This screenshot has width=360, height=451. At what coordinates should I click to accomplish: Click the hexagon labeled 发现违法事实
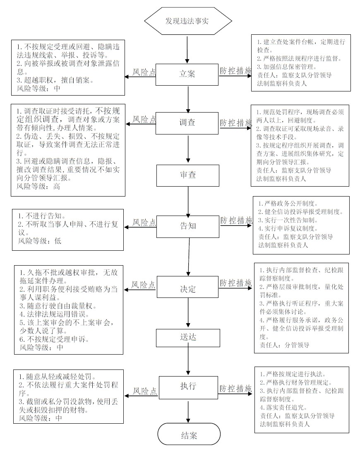coord(188,21)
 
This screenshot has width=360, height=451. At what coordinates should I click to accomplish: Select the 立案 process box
coord(187,74)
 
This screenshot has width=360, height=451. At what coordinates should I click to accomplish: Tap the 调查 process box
coord(187,123)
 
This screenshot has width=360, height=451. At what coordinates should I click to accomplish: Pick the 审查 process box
coord(188,175)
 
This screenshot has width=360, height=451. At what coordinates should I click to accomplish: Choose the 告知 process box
coord(188,227)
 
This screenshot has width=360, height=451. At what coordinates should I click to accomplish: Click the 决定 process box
coord(188,287)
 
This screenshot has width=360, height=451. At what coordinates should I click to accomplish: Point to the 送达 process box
coord(188,338)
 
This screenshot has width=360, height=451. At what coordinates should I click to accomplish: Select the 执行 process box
coord(188,387)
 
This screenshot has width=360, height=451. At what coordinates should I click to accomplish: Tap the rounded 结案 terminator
coord(189,434)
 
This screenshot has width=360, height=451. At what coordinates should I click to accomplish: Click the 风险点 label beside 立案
coord(144,72)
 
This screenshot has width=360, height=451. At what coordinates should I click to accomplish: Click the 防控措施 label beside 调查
coord(236,123)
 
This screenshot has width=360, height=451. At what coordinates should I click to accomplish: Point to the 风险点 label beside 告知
coord(144,222)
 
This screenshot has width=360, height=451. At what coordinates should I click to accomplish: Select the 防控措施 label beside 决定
coord(236,283)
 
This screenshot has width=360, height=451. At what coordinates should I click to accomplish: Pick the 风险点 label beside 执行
coord(145,391)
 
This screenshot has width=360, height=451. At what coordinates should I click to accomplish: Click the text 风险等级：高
coord(38,186)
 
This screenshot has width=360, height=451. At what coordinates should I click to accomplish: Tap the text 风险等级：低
coord(40,241)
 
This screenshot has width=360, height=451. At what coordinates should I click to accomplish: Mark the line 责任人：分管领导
coord(284,345)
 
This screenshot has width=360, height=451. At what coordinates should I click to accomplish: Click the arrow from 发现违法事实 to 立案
coord(187,50)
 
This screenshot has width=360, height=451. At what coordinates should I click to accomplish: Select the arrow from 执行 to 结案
coord(188,411)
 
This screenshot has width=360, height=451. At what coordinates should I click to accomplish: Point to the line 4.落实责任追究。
coord(283,407)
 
